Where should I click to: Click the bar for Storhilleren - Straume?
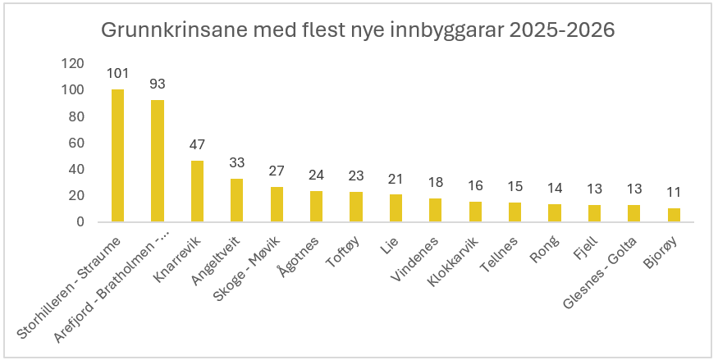coord(118,156)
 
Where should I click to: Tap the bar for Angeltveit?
coord(236,200)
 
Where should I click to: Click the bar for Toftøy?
coord(355,207)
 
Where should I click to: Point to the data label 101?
coord(118,74)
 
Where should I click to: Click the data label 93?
coord(158,84)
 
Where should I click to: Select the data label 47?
coord(197,145)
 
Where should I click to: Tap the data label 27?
coord(277,171)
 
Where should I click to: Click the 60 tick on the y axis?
coord(76,143)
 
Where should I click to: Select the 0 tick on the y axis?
coord(80,221)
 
